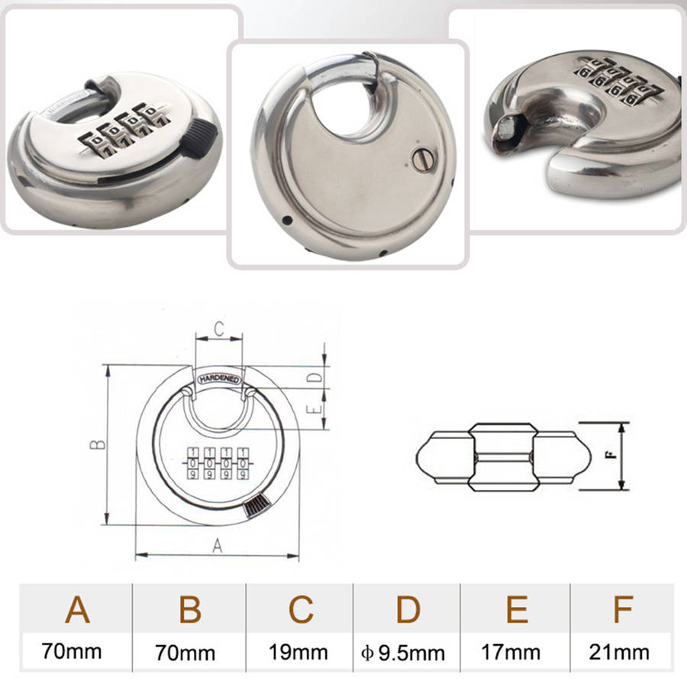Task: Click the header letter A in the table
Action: click(x=78, y=609)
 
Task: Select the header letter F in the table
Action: click(x=624, y=609)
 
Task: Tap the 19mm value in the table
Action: click(x=298, y=652)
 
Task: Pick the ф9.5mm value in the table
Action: click(x=403, y=653)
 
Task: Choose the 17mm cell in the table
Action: click(x=511, y=652)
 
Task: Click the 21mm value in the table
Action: click(x=619, y=652)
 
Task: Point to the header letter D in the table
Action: click(x=408, y=609)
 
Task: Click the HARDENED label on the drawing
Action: click(x=219, y=379)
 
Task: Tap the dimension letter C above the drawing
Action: click(x=219, y=328)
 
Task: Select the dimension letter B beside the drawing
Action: click(x=98, y=445)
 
